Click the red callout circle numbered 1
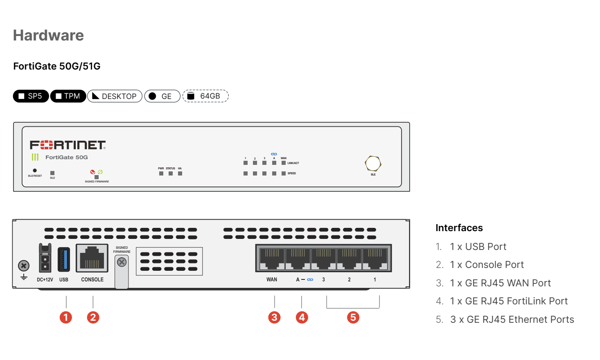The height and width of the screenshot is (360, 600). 66,317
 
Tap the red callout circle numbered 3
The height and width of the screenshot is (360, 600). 274,317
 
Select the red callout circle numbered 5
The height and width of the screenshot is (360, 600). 353,317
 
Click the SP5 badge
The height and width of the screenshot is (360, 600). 31,96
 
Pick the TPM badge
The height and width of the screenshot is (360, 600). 68,96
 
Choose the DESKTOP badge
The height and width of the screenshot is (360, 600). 115,96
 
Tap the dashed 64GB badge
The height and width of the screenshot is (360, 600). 205,96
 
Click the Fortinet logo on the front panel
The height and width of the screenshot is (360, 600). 68,145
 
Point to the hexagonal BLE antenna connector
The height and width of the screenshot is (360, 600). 373,164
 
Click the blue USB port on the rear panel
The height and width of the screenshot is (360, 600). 63,259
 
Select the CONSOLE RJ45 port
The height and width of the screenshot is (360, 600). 92,258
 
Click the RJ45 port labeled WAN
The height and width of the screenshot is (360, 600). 272,258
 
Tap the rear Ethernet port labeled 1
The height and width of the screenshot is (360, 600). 375,258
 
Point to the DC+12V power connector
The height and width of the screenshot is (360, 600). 45,258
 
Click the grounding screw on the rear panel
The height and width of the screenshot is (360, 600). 24,266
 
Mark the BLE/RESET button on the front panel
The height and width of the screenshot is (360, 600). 35,171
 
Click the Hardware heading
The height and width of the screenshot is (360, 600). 48,36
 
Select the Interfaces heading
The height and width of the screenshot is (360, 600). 459,228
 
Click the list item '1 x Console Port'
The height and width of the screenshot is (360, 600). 487,265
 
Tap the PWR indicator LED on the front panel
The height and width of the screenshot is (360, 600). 161,173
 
